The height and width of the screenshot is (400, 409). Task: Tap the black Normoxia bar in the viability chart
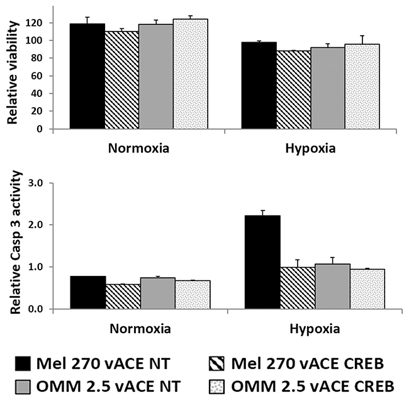coord(87,76)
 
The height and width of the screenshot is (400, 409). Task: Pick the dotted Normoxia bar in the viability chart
coord(191,74)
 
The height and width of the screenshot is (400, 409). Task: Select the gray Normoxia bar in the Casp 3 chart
coord(157,294)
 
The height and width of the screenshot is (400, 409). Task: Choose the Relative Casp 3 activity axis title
coord(11,246)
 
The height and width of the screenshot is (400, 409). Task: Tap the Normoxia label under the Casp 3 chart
coord(140,328)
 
